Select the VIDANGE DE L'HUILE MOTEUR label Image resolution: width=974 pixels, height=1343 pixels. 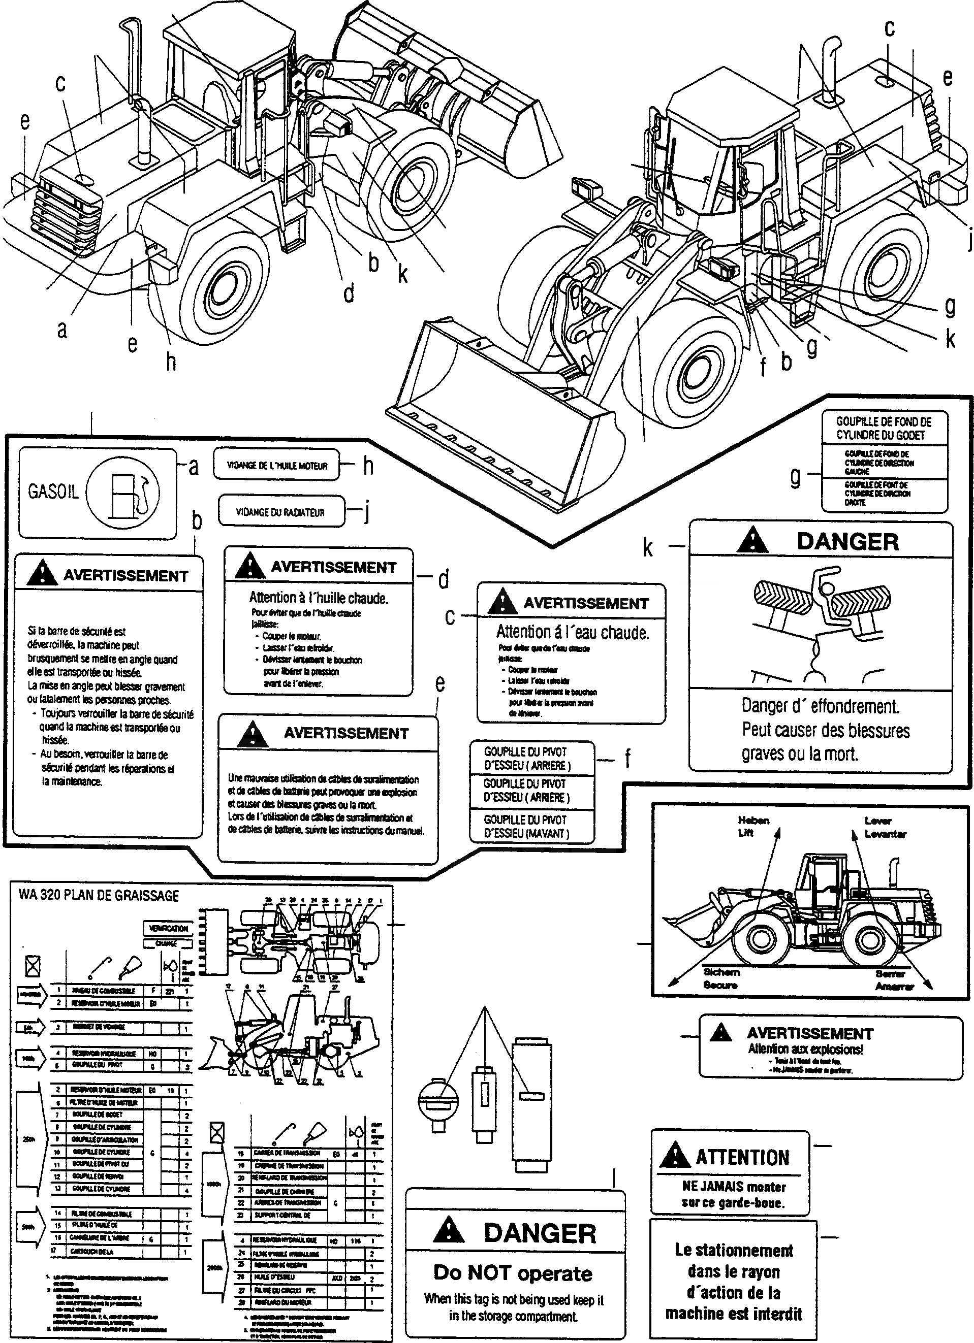click(277, 466)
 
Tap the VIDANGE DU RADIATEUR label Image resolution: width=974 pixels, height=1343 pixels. click(280, 512)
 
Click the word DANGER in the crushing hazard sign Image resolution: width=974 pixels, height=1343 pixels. click(847, 541)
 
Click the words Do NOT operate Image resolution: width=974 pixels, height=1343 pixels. click(513, 1272)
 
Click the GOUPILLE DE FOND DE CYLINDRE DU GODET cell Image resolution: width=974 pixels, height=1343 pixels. click(884, 428)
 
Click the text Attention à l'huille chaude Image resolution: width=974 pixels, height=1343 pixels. click(319, 598)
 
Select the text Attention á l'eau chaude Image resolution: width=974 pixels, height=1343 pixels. click(572, 633)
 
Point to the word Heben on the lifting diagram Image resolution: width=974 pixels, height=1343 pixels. click(753, 821)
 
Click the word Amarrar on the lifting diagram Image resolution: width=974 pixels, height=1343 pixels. click(895, 986)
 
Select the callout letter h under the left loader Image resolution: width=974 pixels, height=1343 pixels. click(171, 361)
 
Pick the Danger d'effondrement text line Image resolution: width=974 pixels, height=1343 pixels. click(820, 706)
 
